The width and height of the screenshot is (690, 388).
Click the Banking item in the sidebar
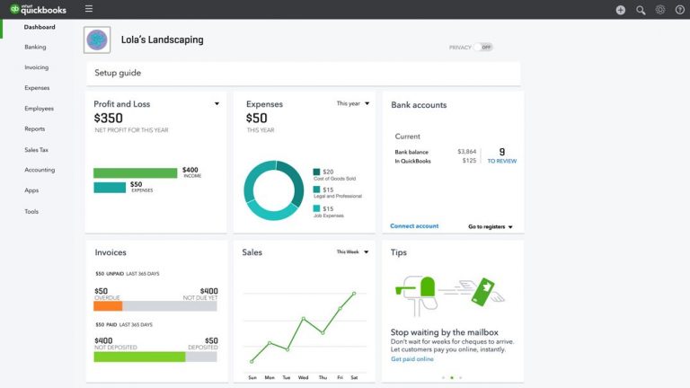(36, 47)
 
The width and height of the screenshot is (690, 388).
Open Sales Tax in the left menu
(37, 149)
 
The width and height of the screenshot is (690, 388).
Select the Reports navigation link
(35, 128)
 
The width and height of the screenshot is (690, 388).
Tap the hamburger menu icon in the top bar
(89, 9)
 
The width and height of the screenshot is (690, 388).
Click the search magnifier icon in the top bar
(641, 10)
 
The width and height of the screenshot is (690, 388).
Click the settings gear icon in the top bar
(660, 10)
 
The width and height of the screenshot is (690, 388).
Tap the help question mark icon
(680, 10)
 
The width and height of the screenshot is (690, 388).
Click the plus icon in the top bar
(621, 10)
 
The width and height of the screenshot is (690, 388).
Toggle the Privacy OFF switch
(484, 47)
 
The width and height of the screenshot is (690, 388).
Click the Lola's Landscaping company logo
(97, 40)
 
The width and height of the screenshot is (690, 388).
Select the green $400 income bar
(135, 172)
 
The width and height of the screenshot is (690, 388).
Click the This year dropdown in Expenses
(352, 104)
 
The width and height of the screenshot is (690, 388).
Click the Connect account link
(414, 226)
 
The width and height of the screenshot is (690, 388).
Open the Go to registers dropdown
(491, 227)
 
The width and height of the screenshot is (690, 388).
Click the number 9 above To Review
(501, 152)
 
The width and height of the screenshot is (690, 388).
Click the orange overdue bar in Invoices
(108, 305)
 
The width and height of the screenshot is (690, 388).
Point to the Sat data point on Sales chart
(354, 293)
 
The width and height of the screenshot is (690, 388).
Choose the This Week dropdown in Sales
(352, 252)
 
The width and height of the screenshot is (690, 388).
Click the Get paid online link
(412, 359)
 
